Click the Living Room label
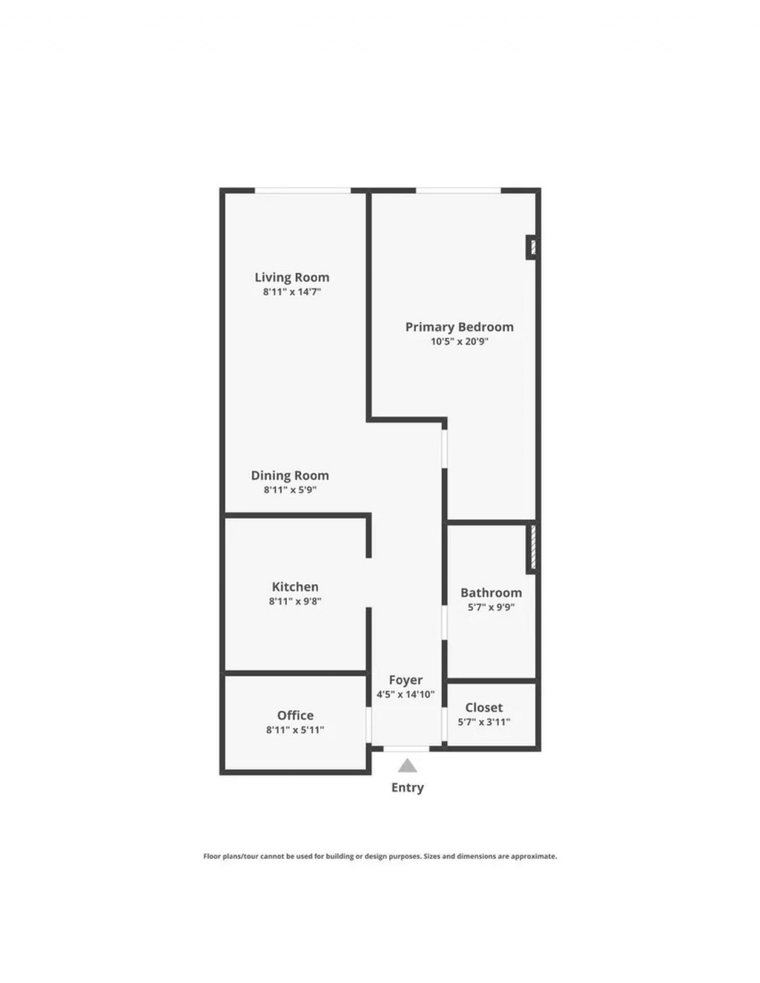coord(292,277)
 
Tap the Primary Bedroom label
coord(459,327)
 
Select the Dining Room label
coord(290,475)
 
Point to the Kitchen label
coord(295,587)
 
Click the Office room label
coord(295,715)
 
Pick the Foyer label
coord(406,680)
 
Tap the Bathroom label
coord(491,593)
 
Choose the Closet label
coord(484,708)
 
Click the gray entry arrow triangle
coord(407,766)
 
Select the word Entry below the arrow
coord(407,788)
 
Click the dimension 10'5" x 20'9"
coord(459,342)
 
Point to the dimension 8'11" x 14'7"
coord(292,292)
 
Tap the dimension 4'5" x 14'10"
coord(406,695)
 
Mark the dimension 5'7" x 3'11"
coord(484,722)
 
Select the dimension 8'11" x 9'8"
coord(295,601)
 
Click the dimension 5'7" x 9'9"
coord(491,607)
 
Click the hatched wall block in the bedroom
coord(532,247)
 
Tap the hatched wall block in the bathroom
coord(533,548)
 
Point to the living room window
coord(303,190)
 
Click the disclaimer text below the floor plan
coord(380,857)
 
